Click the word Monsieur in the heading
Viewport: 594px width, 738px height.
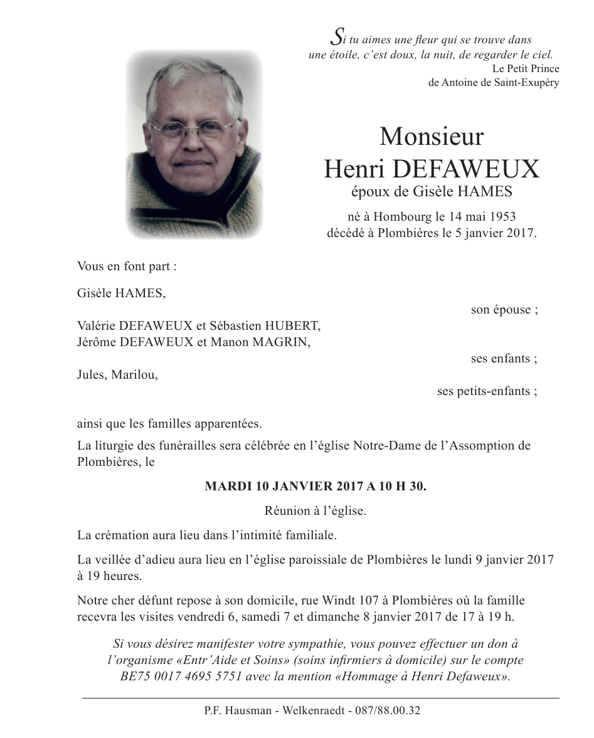[x=432, y=137]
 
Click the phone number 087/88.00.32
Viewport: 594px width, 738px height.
[x=388, y=711]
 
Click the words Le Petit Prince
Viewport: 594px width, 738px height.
[x=526, y=68]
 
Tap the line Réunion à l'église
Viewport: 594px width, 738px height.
[x=316, y=510]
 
